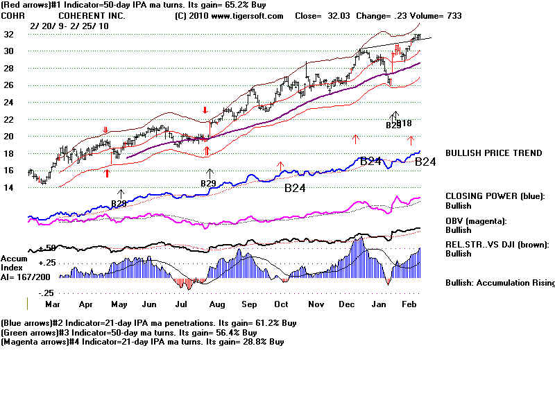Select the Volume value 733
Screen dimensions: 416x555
[453, 15]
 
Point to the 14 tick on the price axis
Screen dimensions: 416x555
[8, 187]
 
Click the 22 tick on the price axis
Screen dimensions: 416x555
[8, 119]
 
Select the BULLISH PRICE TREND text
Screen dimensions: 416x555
[493, 153]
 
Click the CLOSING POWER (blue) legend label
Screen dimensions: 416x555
[495, 196]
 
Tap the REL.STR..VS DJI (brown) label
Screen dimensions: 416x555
[497, 244]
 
